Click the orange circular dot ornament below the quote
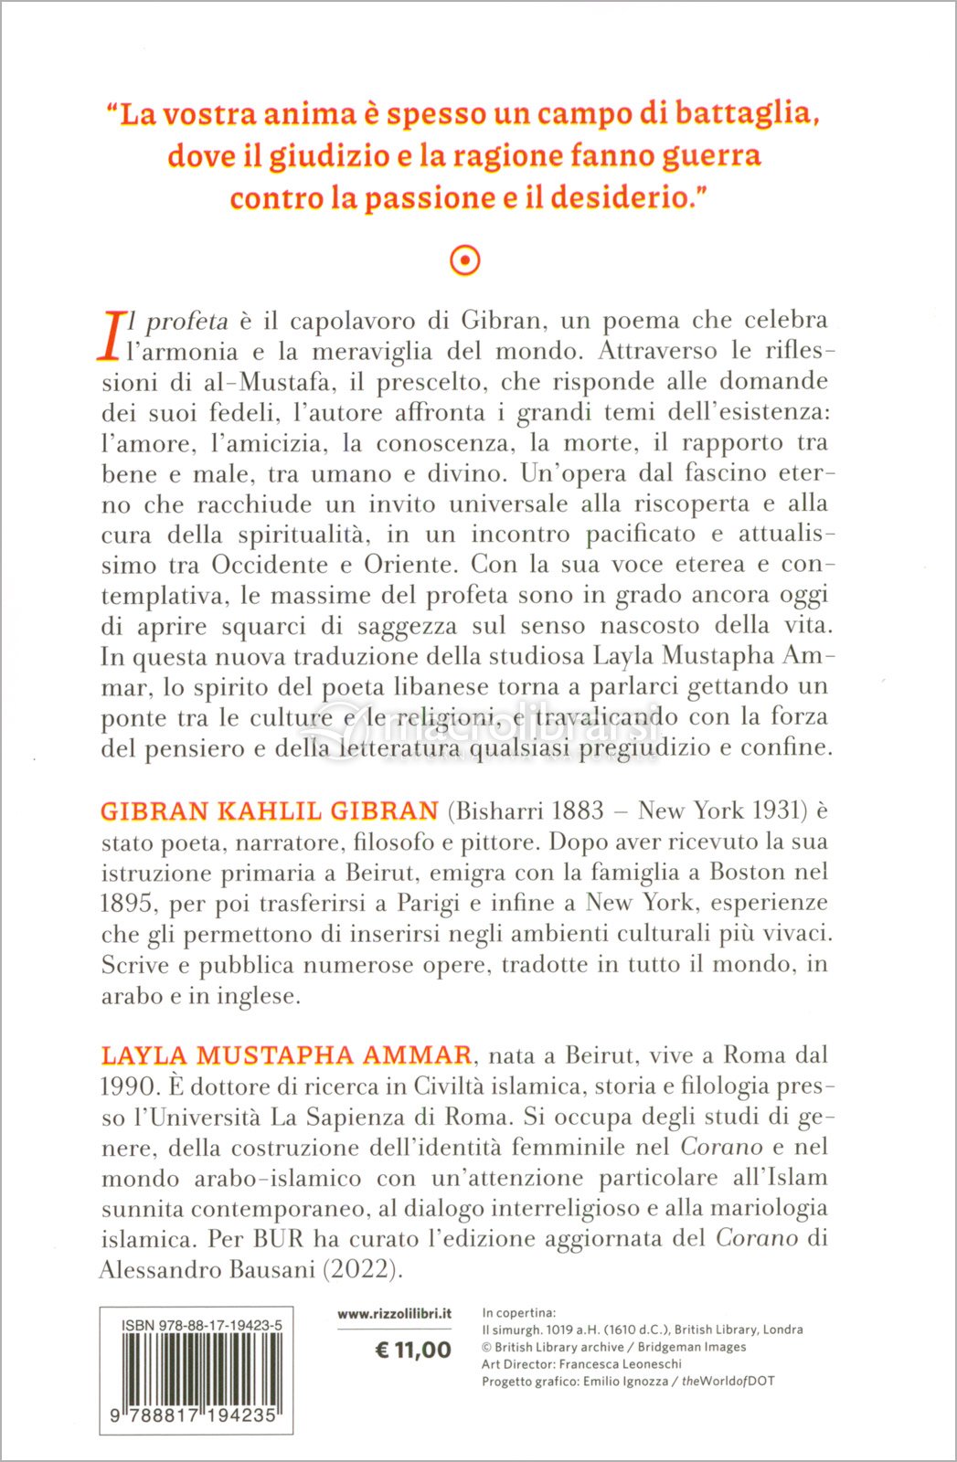pyautogui.click(x=465, y=261)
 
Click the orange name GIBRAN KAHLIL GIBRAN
pyautogui.click(x=270, y=810)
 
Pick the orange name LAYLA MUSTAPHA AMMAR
pyautogui.click(x=286, y=1055)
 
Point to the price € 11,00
pyautogui.click(x=413, y=1351)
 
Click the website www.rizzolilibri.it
pyautogui.click(x=394, y=1314)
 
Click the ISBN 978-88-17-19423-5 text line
pyautogui.click(x=201, y=1325)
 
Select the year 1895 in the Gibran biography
pyautogui.click(x=126, y=904)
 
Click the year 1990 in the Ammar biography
pyautogui.click(x=126, y=1086)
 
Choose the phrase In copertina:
pyautogui.click(x=518, y=1313)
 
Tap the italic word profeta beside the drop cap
pyautogui.click(x=186, y=321)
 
